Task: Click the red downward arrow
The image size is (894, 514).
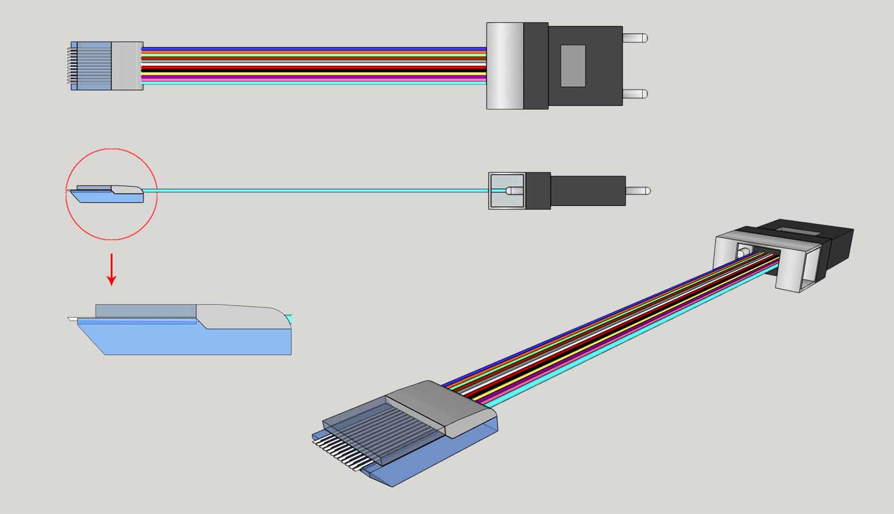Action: [x=112, y=269]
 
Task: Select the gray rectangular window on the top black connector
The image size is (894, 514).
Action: [x=573, y=66]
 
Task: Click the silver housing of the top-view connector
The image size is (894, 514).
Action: [x=505, y=66]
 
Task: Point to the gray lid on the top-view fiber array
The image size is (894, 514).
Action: [x=127, y=66]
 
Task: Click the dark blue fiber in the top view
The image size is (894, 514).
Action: [x=312, y=49]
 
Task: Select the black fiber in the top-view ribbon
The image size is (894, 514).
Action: [x=312, y=70]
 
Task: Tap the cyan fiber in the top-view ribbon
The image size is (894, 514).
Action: [x=312, y=82]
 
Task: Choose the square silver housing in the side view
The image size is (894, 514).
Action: [x=507, y=191]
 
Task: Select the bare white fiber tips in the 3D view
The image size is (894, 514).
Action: [x=335, y=448]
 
